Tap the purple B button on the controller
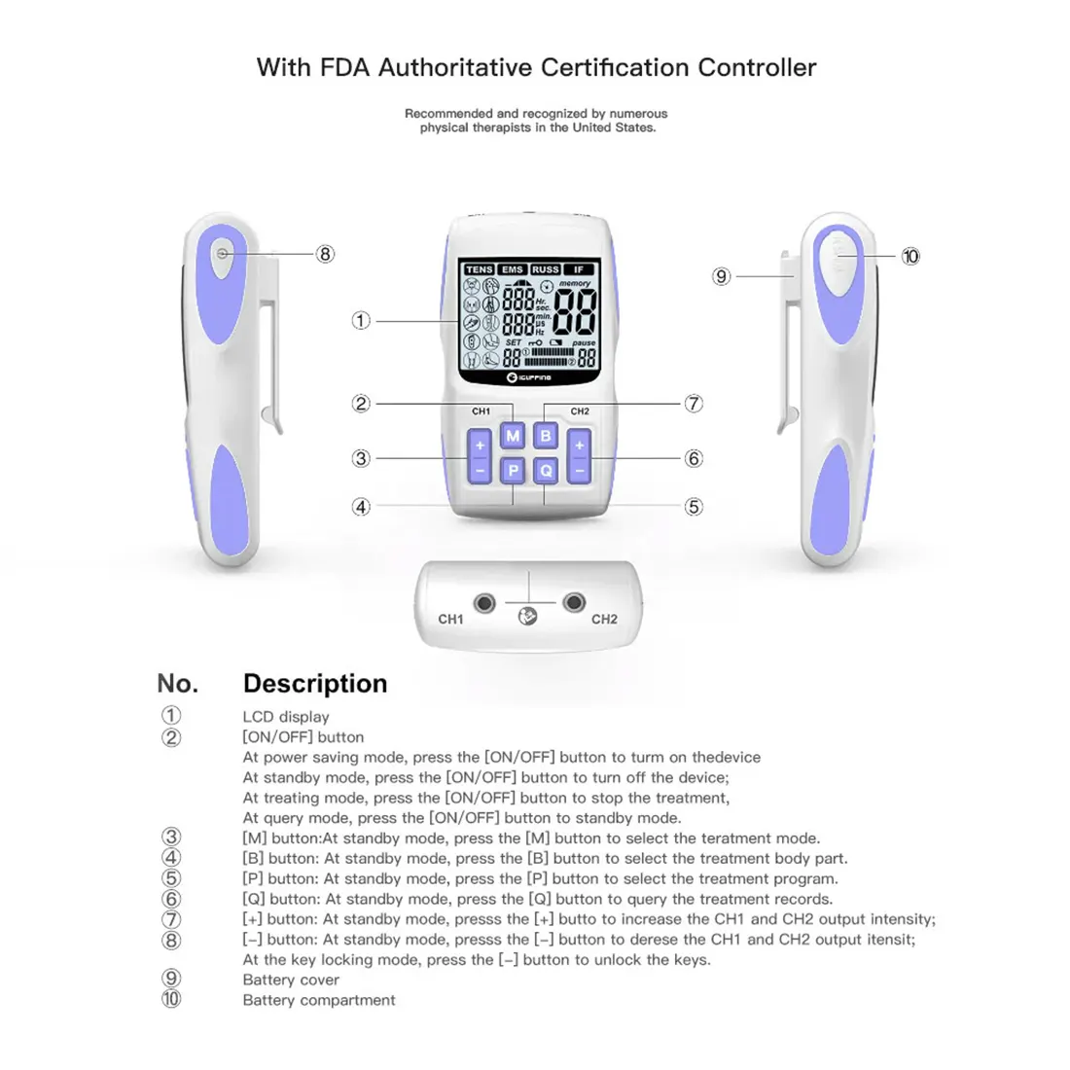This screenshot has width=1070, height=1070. [546, 436]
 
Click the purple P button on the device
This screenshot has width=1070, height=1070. [513, 471]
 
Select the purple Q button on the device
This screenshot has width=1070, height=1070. [546, 471]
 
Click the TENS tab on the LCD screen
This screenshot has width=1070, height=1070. [479, 269]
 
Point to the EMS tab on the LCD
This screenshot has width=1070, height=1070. [513, 269]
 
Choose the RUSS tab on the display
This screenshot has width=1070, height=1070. [546, 269]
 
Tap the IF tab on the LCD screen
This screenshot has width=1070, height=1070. [579, 269]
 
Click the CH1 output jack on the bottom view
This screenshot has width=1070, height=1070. [483, 604]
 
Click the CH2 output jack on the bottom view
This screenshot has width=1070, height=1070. [574, 604]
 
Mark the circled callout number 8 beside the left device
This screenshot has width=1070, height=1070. [325, 254]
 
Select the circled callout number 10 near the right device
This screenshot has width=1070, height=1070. [910, 257]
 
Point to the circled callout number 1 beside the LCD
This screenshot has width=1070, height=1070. [361, 320]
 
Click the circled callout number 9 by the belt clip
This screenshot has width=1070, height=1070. [721, 276]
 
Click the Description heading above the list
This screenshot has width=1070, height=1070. [315, 684]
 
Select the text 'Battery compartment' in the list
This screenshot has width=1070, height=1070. [319, 1000]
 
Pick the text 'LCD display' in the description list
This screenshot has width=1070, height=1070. [286, 717]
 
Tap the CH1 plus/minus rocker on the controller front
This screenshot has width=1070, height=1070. [480, 458]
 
